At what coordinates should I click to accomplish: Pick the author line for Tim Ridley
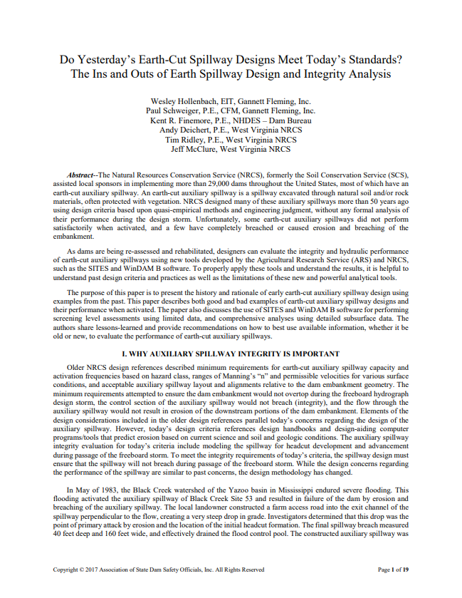(187, 140)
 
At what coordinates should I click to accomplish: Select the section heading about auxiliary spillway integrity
(231, 354)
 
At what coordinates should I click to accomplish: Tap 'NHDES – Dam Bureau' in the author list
(273, 120)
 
